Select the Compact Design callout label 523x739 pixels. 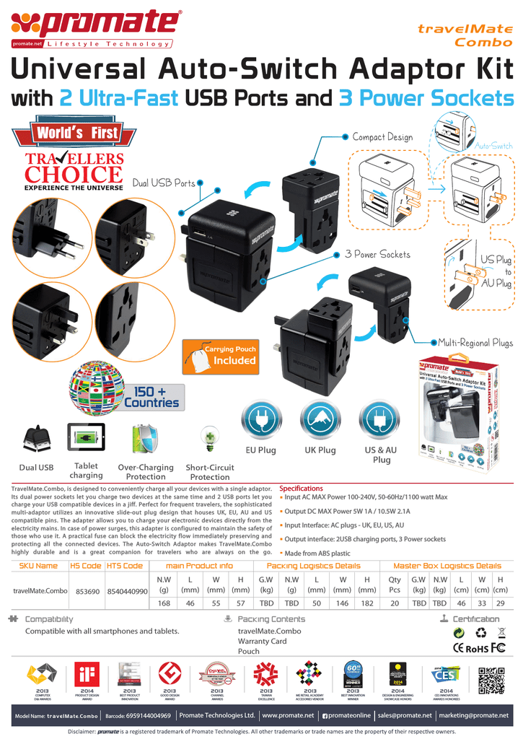click(382, 137)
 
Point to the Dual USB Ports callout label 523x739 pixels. click(164, 183)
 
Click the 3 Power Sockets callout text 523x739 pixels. click(377, 254)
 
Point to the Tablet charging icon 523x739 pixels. click(86, 437)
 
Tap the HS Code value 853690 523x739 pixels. click(87, 591)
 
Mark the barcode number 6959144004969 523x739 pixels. click(147, 715)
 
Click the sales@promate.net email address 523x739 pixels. click(404, 715)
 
